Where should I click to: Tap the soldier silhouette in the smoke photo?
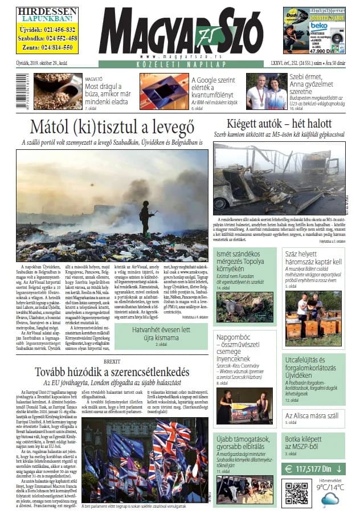[x=146, y=217]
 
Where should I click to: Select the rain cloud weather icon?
[x=330, y=500]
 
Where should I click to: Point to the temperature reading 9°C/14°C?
[x=330, y=487]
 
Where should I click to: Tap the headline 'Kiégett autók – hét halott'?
[x=279, y=125]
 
